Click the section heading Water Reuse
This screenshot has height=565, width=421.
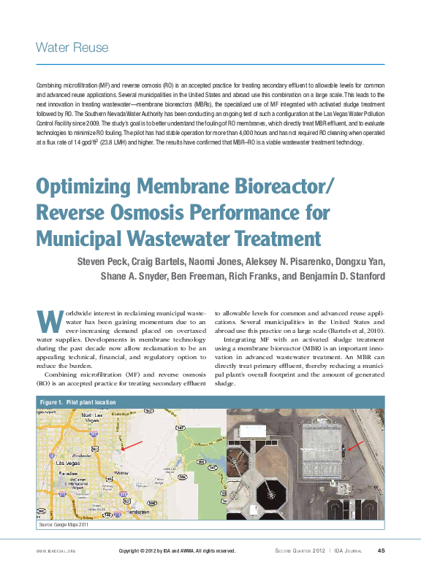click(x=72, y=48)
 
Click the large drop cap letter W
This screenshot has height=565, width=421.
click(x=46, y=320)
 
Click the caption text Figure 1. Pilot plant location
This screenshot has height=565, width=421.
click(x=78, y=401)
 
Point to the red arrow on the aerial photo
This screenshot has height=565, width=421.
click(x=353, y=445)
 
